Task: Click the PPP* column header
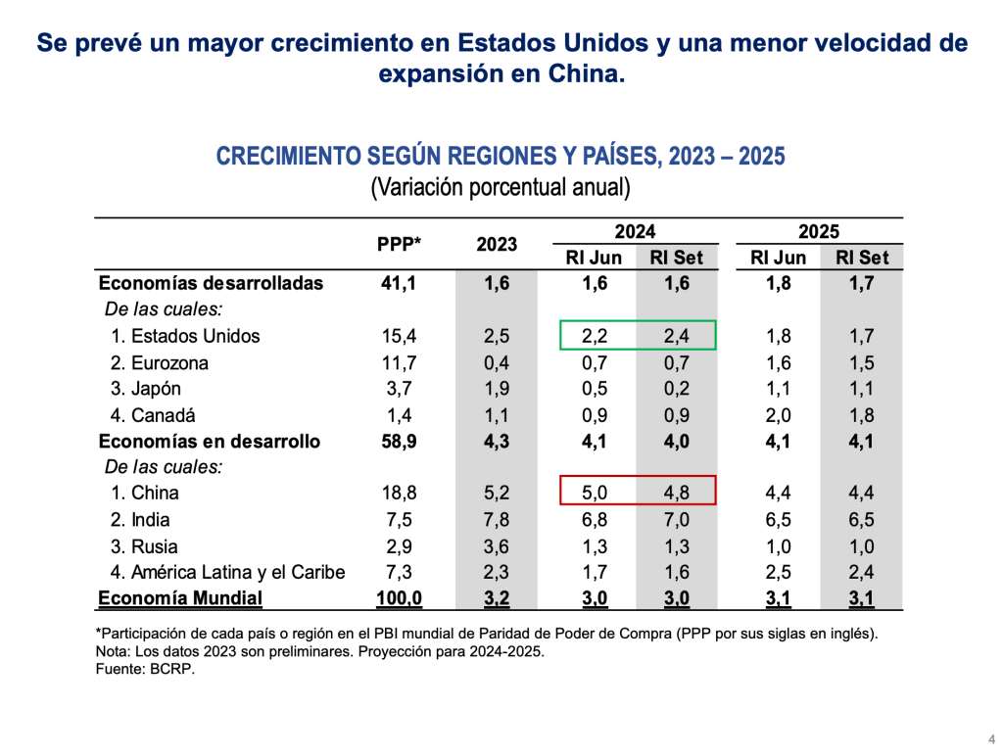pos(399,245)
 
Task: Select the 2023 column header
pos(496,245)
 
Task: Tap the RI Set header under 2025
pos(862,258)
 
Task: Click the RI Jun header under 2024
pos(594,258)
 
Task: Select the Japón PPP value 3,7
pos(399,389)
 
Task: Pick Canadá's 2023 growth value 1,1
pos(496,415)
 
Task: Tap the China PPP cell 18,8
pos(399,493)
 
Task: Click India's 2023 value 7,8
pos(496,519)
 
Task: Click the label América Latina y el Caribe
pos(227,572)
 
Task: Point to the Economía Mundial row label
pos(180,598)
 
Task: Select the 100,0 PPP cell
pos(399,598)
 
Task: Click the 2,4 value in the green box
pos(676,336)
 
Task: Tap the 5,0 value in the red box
pos(594,493)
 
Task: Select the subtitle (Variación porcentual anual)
pos(500,187)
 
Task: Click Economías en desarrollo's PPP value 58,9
pos(399,442)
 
